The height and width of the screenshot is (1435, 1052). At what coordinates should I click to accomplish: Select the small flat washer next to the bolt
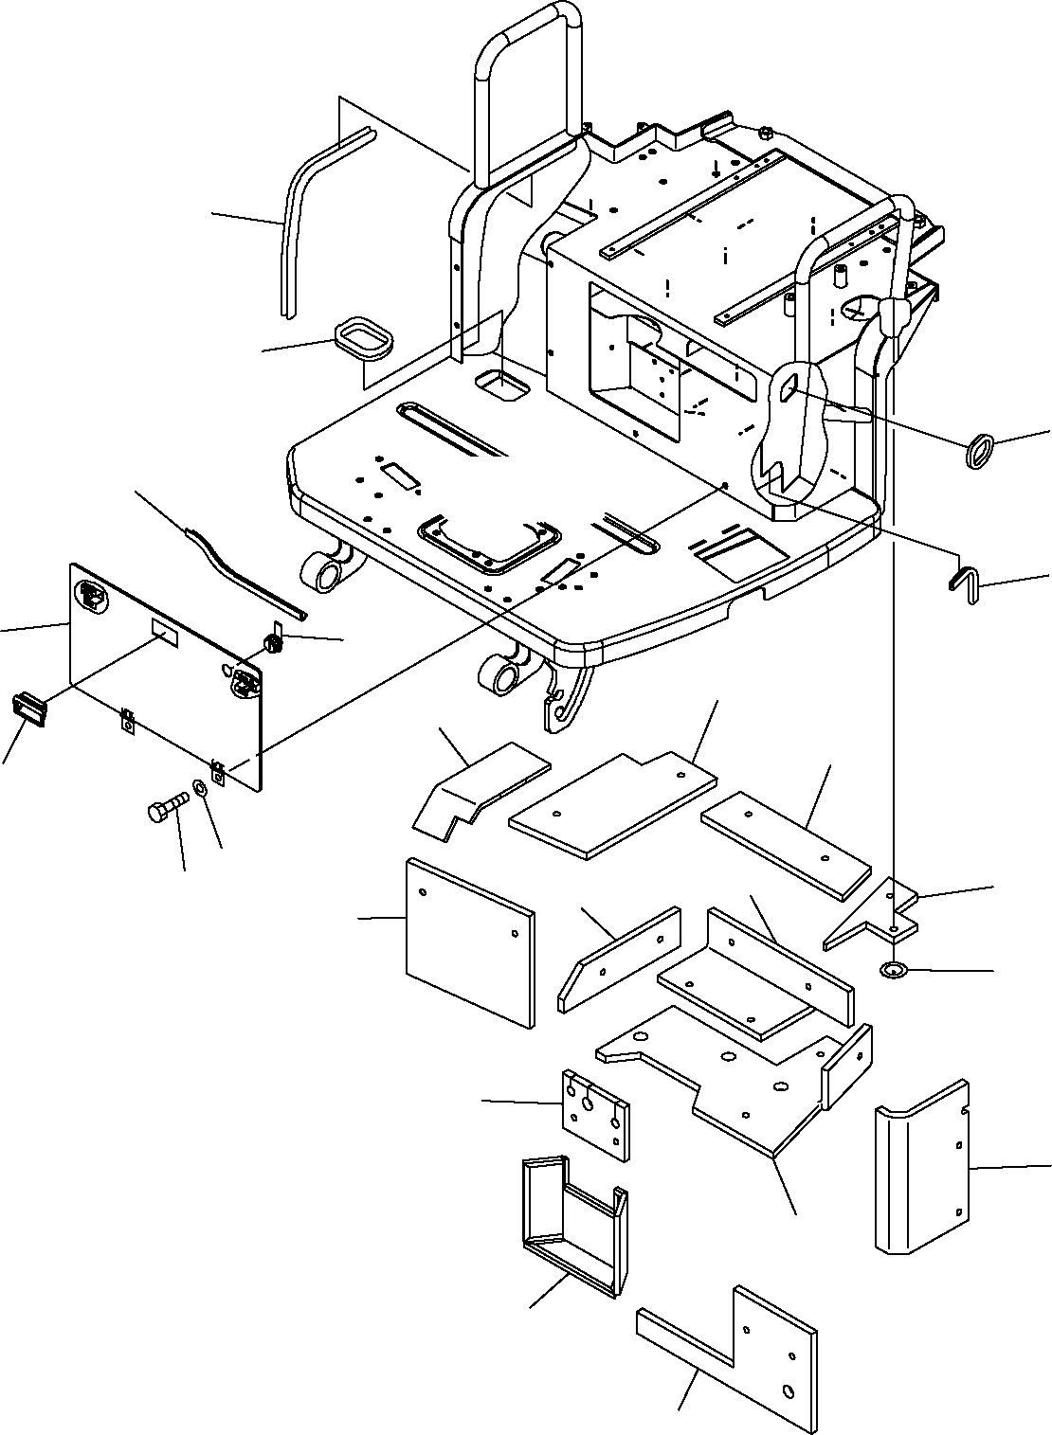(201, 788)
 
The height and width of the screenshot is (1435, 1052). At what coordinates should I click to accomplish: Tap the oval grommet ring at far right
(979, 448)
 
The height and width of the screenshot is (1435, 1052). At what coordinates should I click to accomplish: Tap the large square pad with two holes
(469, 942)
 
